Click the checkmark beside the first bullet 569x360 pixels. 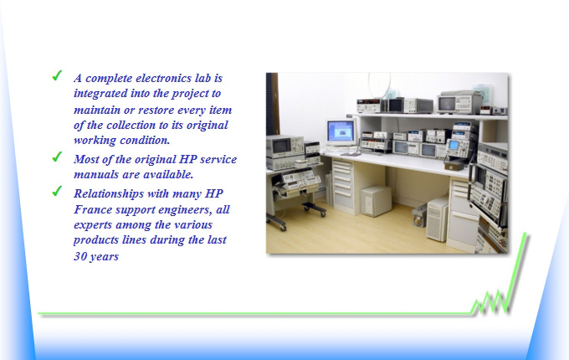pyautogui.click(x=57, y=75)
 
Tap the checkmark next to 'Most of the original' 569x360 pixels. pyautogui.click(x=57, y=157)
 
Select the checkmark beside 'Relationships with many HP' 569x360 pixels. pyautogui.click(x=57, y=191)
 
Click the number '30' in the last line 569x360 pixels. pyautogui.click(x=79, y=256)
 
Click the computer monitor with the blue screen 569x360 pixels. pyautogui.click(x=341, y=132)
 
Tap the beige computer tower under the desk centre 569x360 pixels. pyautogui.click(x=376, y=201)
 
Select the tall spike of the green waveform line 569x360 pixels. pyautogui.click(x=515, y=271)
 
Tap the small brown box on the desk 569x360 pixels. pyautogui.click(x=454, y=166)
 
